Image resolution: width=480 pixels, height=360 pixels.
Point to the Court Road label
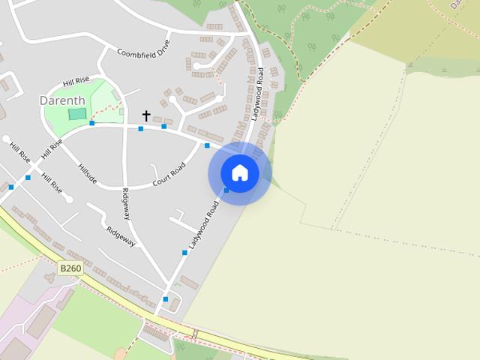169,170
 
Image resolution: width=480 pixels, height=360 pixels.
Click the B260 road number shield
70,268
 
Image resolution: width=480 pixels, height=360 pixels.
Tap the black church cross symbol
146,115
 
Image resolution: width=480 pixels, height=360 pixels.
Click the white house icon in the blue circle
240,172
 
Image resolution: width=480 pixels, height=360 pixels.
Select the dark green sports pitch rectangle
76,114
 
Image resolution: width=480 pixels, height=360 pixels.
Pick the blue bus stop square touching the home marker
226,190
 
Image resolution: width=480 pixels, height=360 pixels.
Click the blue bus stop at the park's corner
92,123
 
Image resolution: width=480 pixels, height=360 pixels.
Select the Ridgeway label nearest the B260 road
120,236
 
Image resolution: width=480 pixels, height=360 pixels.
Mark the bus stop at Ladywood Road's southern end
166,299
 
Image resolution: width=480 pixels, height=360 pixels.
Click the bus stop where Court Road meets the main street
207,145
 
